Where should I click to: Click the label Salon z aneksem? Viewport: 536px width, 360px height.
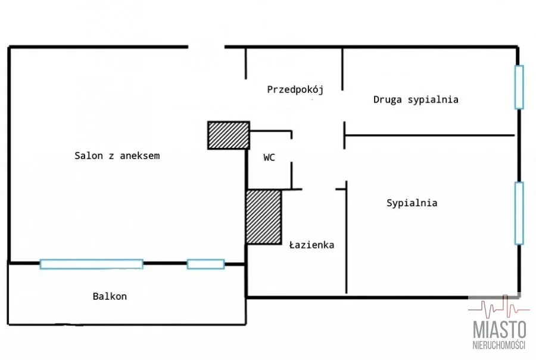click(117, 156)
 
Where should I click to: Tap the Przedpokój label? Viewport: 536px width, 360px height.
click(295, 90)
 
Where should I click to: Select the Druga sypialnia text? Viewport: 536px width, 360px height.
click(416, 100)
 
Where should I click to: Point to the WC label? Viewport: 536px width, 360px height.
click(269, 158)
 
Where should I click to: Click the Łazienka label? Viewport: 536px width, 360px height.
click(311, 245)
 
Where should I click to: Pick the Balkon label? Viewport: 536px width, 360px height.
click(110, 296)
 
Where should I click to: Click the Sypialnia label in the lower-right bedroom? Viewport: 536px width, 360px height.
click(412, 203)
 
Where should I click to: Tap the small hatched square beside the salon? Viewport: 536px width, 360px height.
click(228, 135)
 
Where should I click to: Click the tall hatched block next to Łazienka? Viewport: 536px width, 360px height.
click(263, 217)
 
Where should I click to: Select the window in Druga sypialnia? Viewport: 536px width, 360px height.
click(519, 87)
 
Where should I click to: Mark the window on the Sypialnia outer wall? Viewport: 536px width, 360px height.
click(519, 213)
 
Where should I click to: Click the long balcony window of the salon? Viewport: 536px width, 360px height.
click(91, 264)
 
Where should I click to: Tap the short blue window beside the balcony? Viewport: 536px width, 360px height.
click(205, 264)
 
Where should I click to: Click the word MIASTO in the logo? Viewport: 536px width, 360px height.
click(500, 330)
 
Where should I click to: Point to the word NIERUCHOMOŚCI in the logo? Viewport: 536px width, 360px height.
click(499, 346)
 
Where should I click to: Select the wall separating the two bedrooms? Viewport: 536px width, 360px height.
click(429, 135)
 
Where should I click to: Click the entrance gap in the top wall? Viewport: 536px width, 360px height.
click(207, 47)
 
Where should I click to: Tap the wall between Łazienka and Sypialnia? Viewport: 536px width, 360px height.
click(346, 238)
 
